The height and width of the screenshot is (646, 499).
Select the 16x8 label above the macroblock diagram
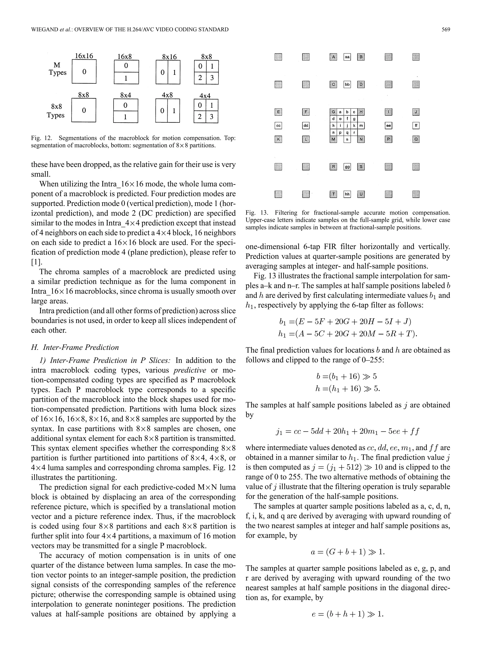point(125,57)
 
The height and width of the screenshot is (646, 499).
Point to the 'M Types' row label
point(57,69)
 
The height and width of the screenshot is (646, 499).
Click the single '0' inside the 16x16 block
point(84,72)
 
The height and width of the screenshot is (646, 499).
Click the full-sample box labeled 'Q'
point(416,139)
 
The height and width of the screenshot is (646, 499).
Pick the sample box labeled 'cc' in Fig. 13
point(278,126)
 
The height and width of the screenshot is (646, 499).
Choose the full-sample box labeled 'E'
point(278,112)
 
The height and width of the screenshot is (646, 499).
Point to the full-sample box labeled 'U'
point(361,194)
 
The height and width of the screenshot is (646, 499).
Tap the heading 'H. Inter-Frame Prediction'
point(75,347)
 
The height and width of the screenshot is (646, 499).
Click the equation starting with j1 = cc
point(347,431)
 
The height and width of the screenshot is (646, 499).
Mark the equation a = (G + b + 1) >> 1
point(348,552)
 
